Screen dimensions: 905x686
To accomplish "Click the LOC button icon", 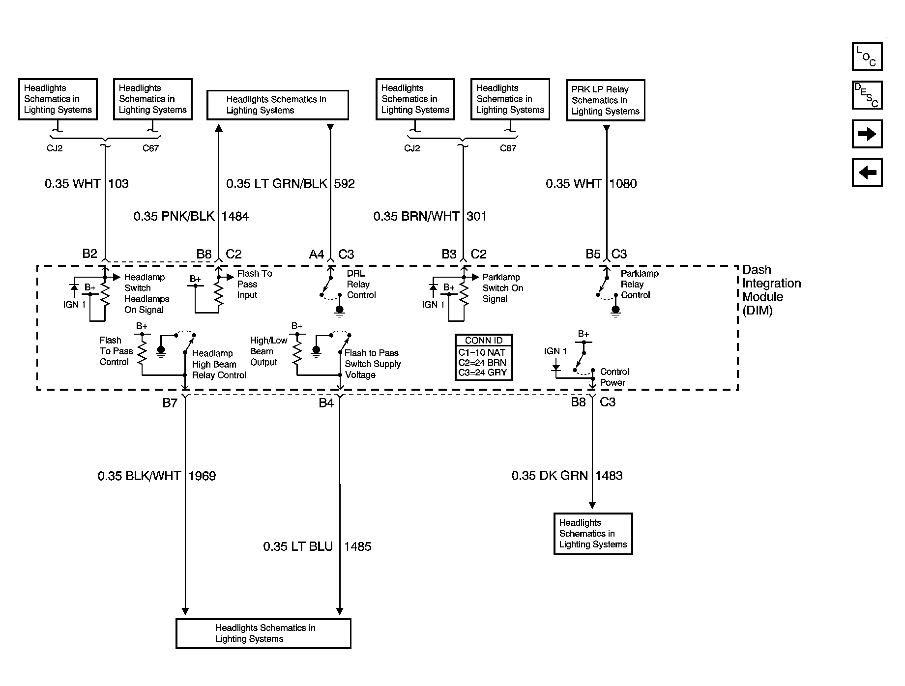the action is click(x=867, y=57).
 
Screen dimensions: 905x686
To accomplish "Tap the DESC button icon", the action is click(x=867, y=95).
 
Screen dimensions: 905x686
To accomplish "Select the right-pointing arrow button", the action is click(x=867, y=134).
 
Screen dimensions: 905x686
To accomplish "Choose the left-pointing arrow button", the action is click(x=867, y=172).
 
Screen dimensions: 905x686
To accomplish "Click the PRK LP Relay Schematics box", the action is click(x=606, y=100).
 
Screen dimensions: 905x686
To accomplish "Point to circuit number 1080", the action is click(x=623, y=184).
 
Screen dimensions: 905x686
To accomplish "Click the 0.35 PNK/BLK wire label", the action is click(x=174, y=216).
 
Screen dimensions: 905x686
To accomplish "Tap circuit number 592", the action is click(x=344, y=184).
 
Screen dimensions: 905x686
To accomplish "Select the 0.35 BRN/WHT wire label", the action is click(x=416, y=216).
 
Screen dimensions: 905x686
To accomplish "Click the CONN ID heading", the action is click(x=484, y=341).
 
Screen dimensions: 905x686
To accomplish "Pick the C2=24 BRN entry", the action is click(x=482, y=363).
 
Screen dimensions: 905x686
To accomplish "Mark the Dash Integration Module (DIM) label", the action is click(x=771, y=290).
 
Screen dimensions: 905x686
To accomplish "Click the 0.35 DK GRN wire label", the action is click(x=550, y=476).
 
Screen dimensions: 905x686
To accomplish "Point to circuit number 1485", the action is click(x=357, y=546).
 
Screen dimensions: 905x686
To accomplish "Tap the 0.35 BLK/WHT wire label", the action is click(x=139, y=476).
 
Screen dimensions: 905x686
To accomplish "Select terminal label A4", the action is click(x=316, y=255).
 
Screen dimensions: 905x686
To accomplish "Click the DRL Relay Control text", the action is click(x=361, y=284).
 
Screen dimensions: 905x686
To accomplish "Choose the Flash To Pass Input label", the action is click(x=254, y=284).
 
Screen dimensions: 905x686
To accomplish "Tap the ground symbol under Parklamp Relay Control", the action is click(x=615, y=311).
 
